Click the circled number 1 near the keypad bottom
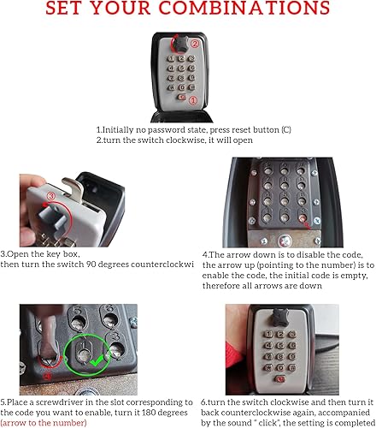click(x=193, y=100)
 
